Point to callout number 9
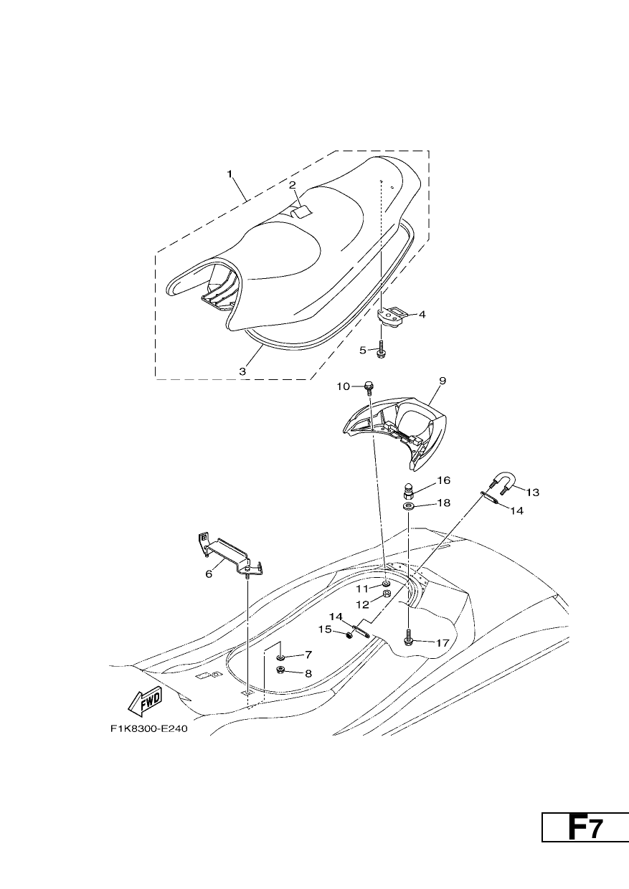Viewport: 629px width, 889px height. point(443,381)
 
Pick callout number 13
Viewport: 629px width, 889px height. point(533,493)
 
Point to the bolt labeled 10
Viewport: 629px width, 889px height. point(369,387)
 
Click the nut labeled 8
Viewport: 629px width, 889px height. point(280,670)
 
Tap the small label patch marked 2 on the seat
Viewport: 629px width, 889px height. point(301,211)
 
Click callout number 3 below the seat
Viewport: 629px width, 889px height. point(242,371)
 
